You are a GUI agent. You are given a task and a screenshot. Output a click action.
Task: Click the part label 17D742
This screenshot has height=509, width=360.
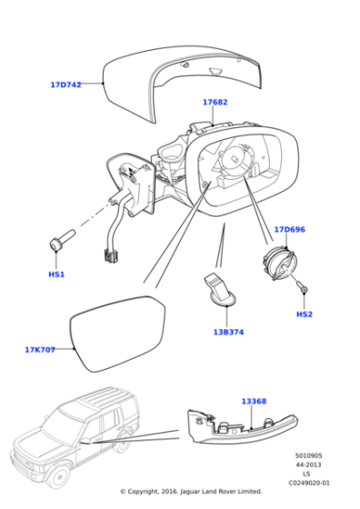pyautogui.click(x=65, y=85)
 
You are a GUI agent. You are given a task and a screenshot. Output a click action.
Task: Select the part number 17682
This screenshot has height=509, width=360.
pyautogui.click(x=215, y=103)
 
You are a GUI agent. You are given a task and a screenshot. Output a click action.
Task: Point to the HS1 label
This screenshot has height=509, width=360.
pyautogui.click(x=56, y=274)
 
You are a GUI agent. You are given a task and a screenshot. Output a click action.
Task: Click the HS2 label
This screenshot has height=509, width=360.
pyautogui.click(x=304, y=314)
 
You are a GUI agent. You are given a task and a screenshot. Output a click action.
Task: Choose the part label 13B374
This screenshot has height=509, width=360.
pyautogui.click(x=227, y=332)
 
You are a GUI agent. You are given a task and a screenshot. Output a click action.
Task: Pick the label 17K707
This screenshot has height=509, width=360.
pyautogui.click(x=40, y=349)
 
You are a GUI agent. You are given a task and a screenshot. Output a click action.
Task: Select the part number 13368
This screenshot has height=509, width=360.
pyautogui.click(x=254, y=401)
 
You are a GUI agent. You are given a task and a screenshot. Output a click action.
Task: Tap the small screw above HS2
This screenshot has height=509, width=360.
pyautogui.click(x=305, y=289)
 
